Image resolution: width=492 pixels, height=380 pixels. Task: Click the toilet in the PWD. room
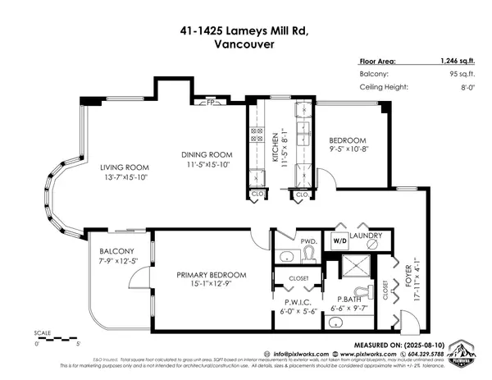309,255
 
